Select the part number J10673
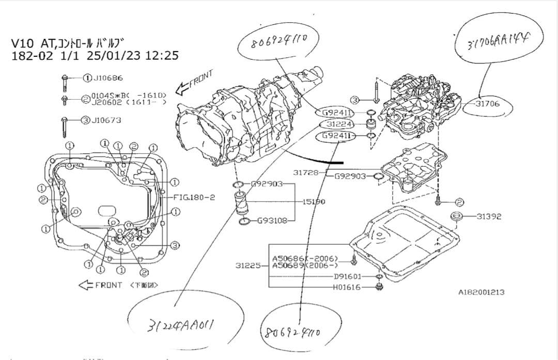click(106, 120)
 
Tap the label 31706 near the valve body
click(488, 104)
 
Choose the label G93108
click(272, 221)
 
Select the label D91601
click(348, 276)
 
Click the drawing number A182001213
click(481, 292)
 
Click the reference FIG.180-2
click(194, 197)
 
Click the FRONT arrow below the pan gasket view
click(101, 285)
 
